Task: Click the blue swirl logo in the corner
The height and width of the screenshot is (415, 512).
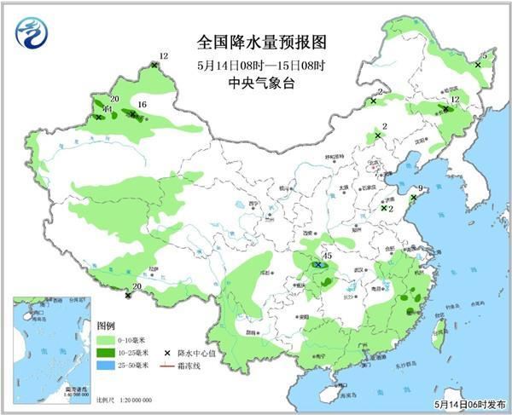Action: pyautogui.click(x=32, y=32)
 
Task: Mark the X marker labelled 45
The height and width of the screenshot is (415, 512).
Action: pyautogui.click(x=317, y=265)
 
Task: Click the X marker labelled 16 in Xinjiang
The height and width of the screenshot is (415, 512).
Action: pyautogui.click(x=133, y=113)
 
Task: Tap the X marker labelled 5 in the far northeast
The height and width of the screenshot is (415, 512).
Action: pyautogui.click(x=478, y=65)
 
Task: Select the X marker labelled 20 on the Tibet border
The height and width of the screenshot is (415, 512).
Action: pyautogui.click(x=128, y=296)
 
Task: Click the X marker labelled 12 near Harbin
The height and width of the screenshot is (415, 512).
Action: pyautogui.click(x=445, y=109)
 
